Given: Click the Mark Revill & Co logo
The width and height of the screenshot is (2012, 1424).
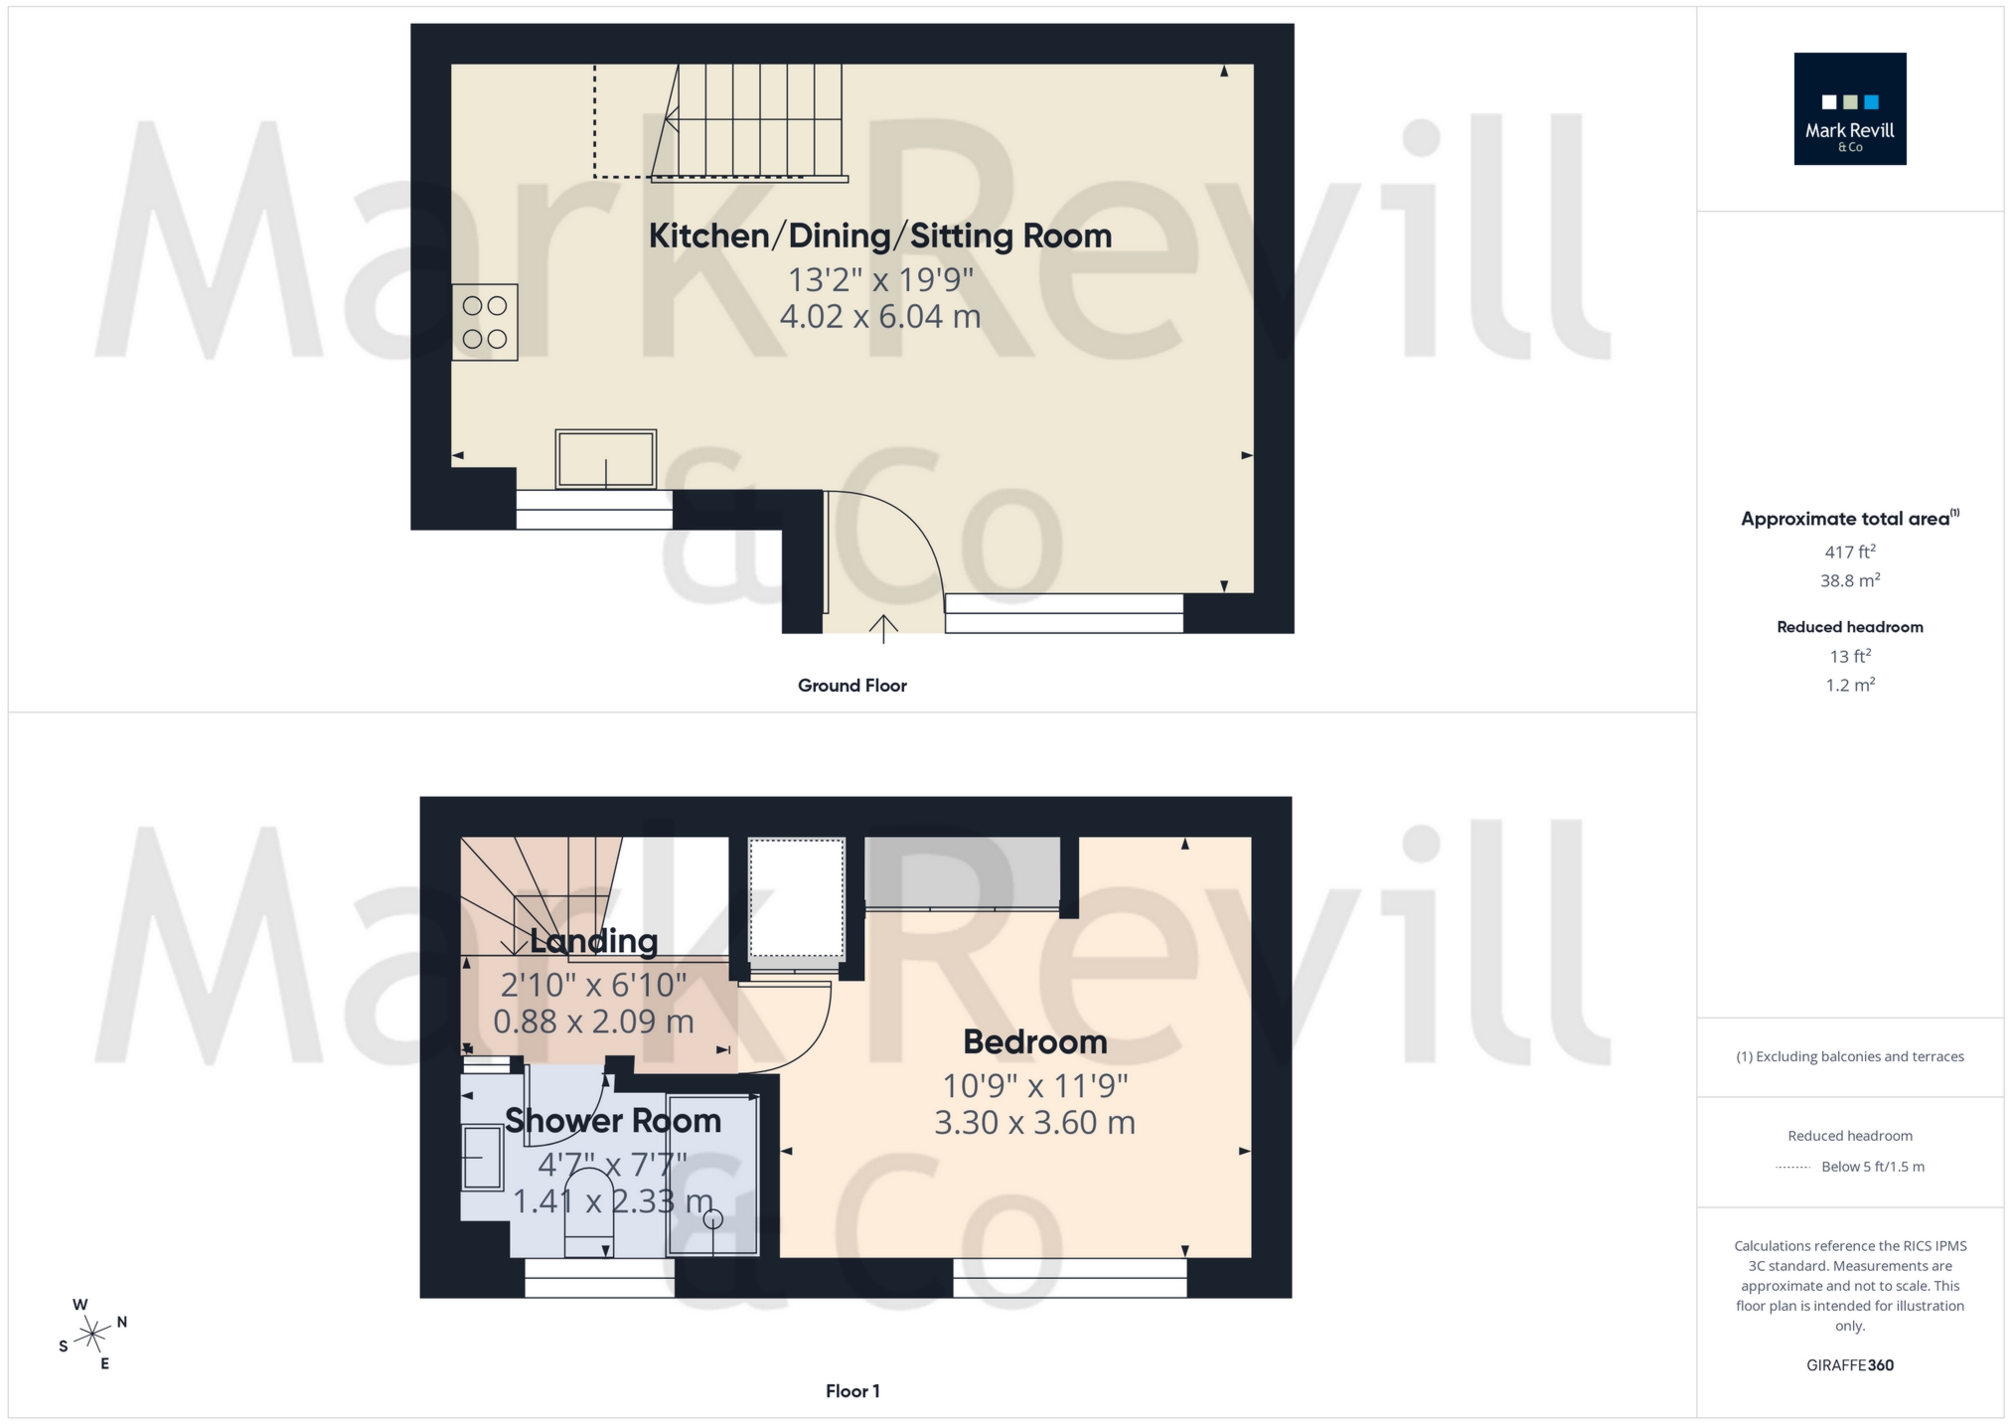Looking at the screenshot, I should click(x=1849, y=108).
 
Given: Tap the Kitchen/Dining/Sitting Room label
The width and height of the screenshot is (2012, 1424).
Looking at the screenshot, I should click(x=879, y=237).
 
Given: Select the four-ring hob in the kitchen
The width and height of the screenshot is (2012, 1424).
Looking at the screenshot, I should click(x=485, y=322).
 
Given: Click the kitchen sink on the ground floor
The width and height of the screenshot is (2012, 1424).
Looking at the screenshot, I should click(x=605, y=459).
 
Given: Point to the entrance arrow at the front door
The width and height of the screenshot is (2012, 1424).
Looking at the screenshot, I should click(x=883, y=628).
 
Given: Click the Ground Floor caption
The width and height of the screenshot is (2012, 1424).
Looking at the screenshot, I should click(x=851, y=686).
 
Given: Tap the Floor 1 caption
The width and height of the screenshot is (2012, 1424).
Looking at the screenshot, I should click(x=852, y=1391).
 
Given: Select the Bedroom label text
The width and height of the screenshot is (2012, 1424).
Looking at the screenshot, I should click(x=1034, y=1041).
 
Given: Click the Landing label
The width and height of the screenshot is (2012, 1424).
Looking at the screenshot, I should click(x=593, y=941).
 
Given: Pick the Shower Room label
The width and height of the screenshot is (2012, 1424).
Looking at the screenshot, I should click(x=612, y=1121).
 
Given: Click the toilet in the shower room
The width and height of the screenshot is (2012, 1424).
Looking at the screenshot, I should click(x=588, y=1212).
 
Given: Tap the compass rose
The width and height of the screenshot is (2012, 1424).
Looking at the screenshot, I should click(x=92, y=1333).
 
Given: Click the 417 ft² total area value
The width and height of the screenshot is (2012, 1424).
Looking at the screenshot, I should click(x=1849, y=552).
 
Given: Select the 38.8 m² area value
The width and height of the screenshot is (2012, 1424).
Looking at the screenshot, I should click(x=1849, y=580).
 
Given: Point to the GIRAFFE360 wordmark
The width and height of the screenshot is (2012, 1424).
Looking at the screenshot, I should click(x=1849, y=1365).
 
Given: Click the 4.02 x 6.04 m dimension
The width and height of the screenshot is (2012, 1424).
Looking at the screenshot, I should click(x=879, y=317).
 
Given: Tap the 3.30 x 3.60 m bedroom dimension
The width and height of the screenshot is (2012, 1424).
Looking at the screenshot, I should click(x=1034, y=1123).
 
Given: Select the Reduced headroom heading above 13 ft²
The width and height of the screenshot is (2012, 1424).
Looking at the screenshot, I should click(x=1849, y=627).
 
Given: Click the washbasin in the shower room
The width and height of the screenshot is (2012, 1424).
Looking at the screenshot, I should click(x=483, y=1157).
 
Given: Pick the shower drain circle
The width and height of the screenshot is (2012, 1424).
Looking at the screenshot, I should click(x=712, y=1219).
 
